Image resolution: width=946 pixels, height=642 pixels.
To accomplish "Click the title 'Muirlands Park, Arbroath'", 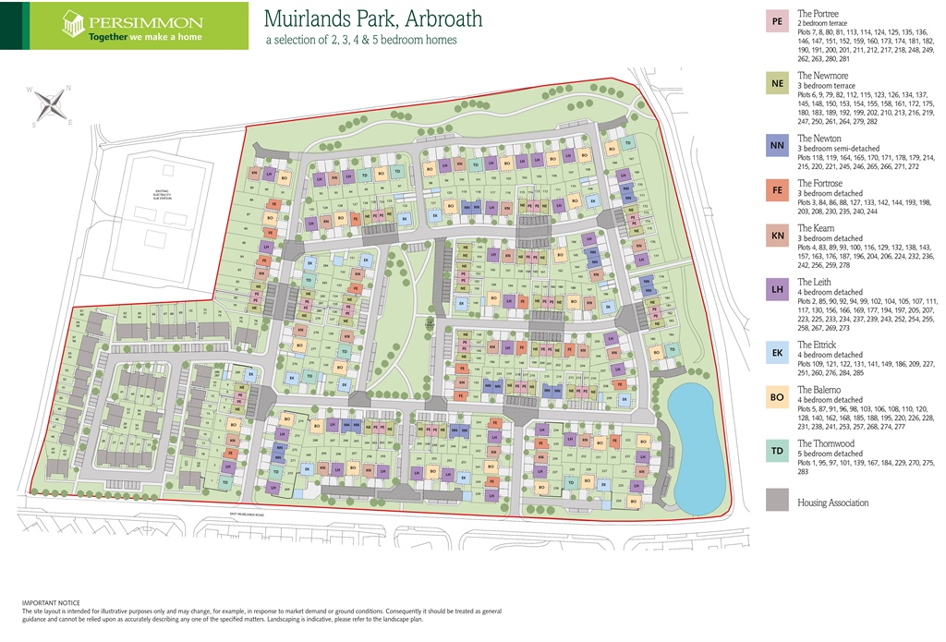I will (372, 19).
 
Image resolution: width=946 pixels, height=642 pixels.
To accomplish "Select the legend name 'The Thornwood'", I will (826, 444).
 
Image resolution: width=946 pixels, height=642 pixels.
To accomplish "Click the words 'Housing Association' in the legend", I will (833, 503).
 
